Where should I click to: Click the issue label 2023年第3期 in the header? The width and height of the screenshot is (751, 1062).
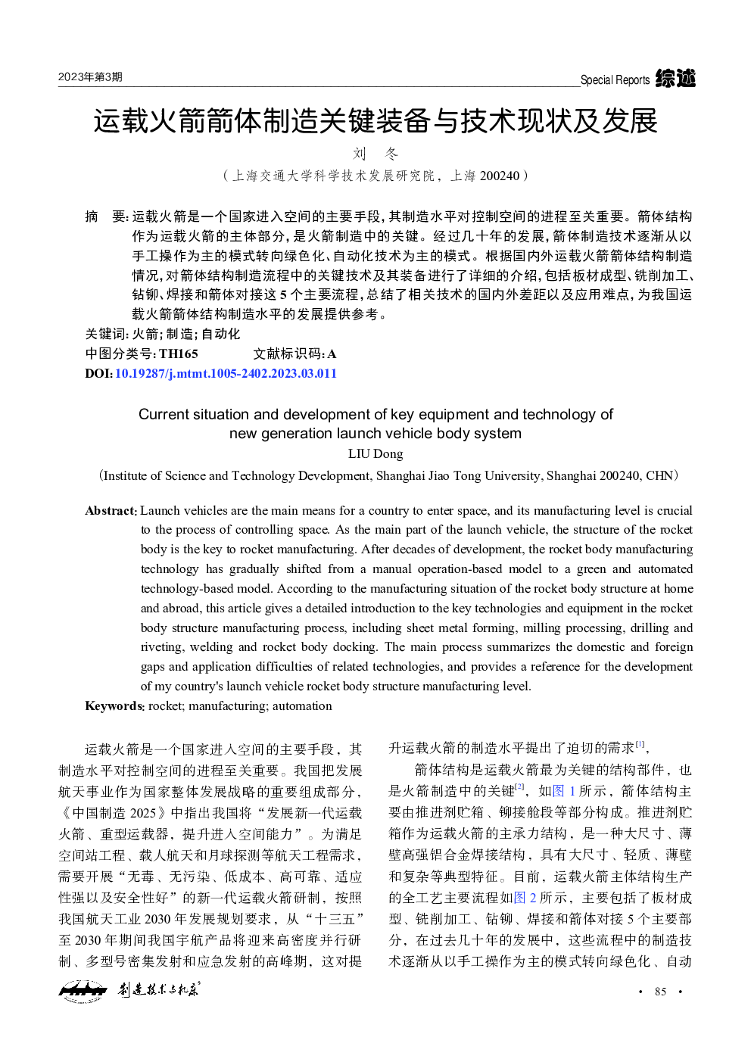tap(90, 77)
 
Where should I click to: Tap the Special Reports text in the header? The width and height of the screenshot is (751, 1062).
tap(615, 80)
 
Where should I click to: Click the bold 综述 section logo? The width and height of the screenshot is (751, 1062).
tap(675, 78)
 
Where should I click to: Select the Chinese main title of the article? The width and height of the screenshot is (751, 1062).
tap(375, 121)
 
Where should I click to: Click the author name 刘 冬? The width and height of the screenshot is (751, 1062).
tap(375, 154)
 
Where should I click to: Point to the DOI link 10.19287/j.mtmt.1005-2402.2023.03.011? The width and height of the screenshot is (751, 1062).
tap(226, 373)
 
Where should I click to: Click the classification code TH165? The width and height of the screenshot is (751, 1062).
tap(179, 353)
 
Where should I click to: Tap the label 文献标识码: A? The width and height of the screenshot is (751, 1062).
tap(294, 353)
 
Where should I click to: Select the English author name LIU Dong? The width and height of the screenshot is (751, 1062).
tap(375, 453)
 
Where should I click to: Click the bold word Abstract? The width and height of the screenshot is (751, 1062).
tap(110, 511)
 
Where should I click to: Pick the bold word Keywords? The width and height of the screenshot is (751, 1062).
tap(114, 706)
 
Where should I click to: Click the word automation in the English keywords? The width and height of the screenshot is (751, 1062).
tap(302, 706)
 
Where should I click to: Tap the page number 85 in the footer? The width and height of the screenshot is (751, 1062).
tap(660, 992)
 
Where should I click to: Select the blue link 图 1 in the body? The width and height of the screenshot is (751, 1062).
tap(564, 791)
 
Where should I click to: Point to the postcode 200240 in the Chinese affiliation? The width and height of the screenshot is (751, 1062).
tap(500, 176)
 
